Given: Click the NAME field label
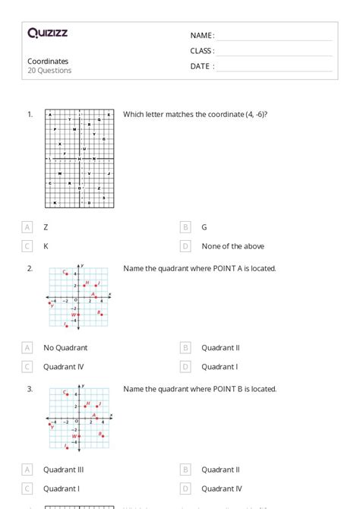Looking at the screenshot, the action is (202, 36).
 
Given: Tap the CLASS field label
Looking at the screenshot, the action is (202, 51).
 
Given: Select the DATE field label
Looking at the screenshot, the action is (202, 66).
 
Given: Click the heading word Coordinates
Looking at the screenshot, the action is (48, 61).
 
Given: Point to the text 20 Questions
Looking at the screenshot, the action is (49, 71).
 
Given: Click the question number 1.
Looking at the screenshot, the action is (30, 115).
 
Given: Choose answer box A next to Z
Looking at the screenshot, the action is (27, 227).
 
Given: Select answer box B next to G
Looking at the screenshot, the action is (185, 227).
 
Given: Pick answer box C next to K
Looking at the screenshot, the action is (27, 246).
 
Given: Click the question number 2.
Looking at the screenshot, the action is (30, 268).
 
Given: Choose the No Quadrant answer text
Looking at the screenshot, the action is (65, 348).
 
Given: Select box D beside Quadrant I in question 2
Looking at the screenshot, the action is (185, 367).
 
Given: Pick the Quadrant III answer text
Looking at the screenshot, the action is (64, 470).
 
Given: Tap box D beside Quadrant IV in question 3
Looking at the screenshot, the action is (185, 489).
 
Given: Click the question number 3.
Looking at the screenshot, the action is (30, 389).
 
